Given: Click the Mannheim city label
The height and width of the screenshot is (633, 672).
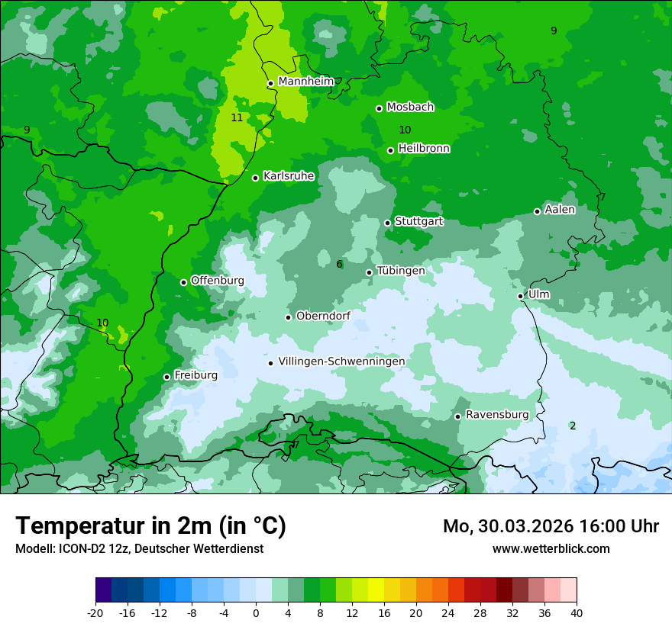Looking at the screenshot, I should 305,82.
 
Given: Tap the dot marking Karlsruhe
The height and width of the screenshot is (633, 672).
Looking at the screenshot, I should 256,178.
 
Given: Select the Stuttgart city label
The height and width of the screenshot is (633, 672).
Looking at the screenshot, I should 418,222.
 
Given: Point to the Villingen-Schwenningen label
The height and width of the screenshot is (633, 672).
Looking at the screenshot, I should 341,361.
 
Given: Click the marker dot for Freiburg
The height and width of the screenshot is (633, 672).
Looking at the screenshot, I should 166,377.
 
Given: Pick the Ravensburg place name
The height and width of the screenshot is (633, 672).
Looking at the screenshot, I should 497,415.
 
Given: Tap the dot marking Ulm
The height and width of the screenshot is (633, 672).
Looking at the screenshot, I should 521,296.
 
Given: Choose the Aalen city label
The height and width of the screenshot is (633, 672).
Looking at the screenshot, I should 560,210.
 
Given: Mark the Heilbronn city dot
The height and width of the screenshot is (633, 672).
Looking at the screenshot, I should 391,150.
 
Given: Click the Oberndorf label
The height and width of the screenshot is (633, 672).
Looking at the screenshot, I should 323,316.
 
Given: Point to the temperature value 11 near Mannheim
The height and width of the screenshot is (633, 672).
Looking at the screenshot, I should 237,117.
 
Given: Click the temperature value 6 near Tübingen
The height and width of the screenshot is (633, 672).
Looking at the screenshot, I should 339,265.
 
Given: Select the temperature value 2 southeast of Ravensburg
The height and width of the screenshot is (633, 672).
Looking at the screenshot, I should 573,426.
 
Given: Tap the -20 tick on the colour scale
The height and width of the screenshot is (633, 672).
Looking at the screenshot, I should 95,612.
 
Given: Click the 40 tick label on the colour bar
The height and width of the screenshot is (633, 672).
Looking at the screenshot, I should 576,612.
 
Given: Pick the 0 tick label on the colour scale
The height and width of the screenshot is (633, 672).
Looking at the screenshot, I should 256,612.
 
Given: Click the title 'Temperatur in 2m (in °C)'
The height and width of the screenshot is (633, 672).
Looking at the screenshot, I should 150,526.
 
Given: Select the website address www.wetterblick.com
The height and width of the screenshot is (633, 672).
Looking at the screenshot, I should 551,549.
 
